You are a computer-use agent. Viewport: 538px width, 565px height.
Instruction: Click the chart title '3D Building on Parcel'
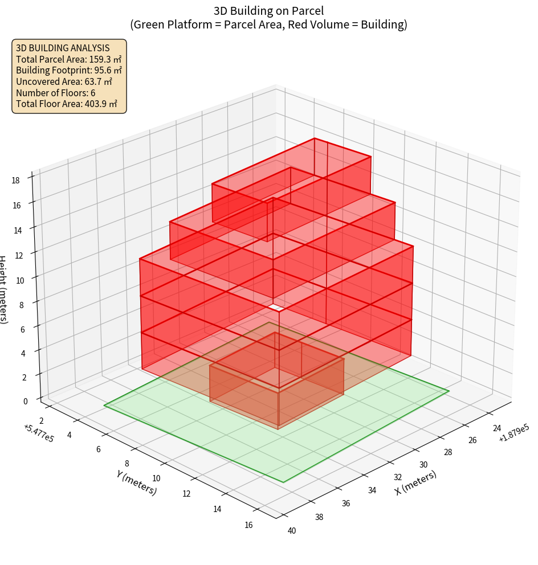pos(268,10)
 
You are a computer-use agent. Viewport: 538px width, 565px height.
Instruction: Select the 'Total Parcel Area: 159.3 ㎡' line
pos(68,59)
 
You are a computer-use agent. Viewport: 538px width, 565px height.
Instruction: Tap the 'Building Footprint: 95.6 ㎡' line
pos(68,70)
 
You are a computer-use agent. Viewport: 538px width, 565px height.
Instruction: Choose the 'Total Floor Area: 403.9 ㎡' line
pos(67,104)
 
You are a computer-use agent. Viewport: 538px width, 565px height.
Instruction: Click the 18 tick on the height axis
pos(15,181)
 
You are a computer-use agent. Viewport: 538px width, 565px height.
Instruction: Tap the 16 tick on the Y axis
pos(248,525)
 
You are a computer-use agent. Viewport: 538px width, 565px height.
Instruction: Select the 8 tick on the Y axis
pos(127,463)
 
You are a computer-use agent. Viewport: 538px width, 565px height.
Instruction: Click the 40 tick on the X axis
pos(292,531)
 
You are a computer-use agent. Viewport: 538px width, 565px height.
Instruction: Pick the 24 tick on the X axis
pos(497,428)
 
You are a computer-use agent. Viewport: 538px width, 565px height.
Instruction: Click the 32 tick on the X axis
pos(398,477)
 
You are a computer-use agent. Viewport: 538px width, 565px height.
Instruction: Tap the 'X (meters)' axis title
pos(415,482)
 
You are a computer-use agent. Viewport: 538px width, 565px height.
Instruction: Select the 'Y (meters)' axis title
pos(136,482)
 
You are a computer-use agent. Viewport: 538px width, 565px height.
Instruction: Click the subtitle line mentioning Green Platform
pos(268,24)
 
